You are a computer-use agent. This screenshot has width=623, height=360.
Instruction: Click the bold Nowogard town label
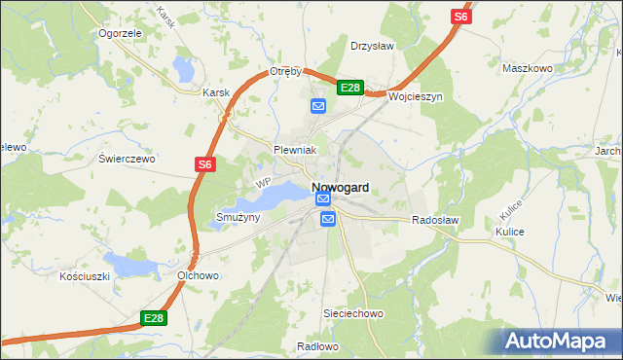340,187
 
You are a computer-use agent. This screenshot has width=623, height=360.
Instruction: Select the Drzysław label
371,46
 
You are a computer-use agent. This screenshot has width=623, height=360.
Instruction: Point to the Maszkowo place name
527,68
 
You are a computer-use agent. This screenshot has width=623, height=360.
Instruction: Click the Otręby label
288,72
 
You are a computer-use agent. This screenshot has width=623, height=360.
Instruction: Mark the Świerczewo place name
128,158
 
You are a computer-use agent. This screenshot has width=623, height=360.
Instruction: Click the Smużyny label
238,217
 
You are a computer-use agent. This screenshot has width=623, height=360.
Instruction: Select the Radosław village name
435,221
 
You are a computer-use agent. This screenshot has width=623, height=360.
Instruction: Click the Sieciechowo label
353,314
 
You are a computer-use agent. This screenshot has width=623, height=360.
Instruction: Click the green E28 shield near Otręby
350,89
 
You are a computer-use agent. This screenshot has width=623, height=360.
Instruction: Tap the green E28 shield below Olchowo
153,317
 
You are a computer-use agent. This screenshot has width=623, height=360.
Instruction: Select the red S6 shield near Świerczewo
204,165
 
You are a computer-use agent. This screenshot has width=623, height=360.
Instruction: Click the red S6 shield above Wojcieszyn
460,17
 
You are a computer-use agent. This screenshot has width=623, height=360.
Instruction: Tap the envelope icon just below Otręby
318,106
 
